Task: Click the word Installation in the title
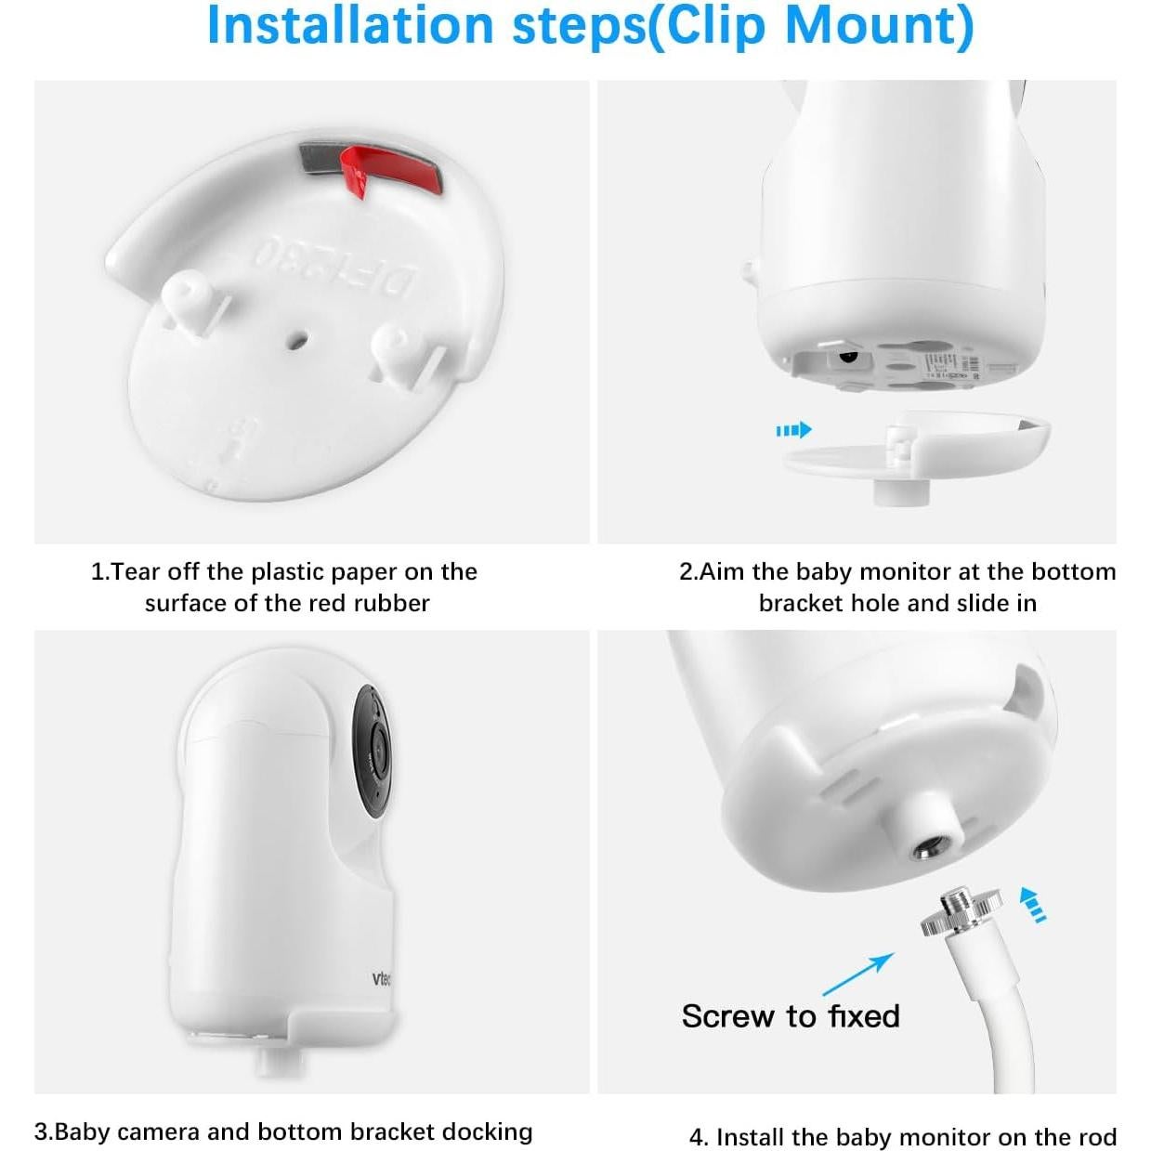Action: pos(349,25)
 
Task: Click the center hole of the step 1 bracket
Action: pos(296,340)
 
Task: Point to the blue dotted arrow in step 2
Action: pos(793,429)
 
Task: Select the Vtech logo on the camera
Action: pos(381,978)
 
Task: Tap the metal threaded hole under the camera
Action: pos(928,847)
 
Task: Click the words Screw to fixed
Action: pos(791,1015)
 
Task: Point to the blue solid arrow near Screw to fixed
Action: pos(857,974)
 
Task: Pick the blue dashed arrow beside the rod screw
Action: pos(1032,904)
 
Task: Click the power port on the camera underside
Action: pos(846,356)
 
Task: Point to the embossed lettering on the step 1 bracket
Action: pos(334,266)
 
